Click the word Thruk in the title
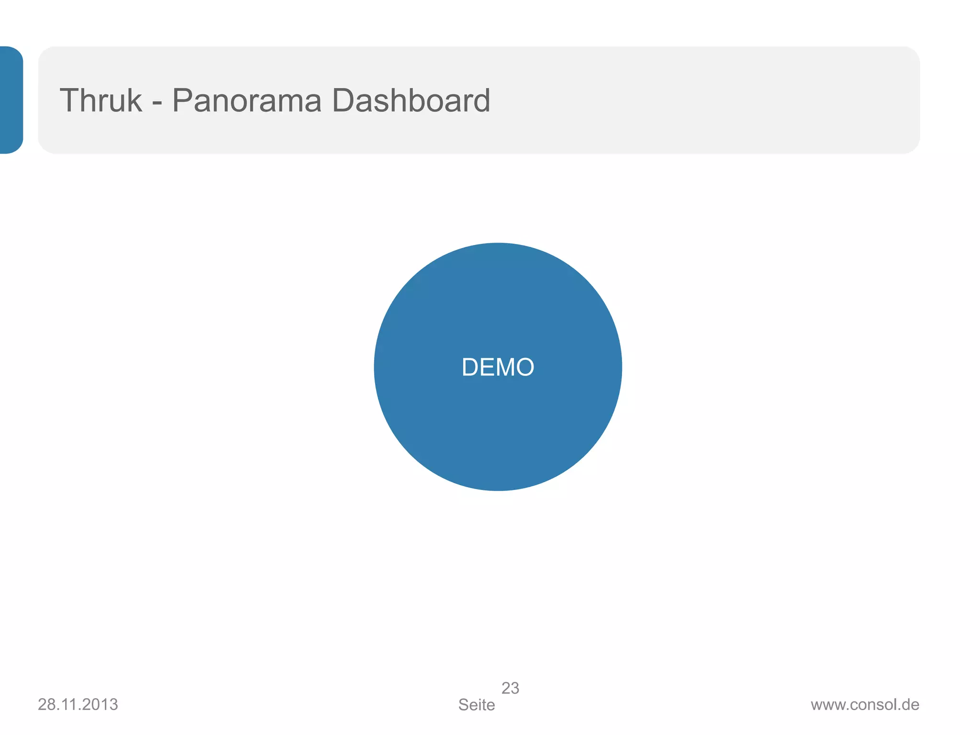point(101,100)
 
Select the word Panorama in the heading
point(246,100)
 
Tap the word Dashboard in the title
point(411,100)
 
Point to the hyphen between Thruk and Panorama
point(157,102)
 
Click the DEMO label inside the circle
point(498,367)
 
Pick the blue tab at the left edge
point(11,100)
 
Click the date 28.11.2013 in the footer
point(78,704)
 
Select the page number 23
point(510,688)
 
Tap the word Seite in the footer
point(477,705)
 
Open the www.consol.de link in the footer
point(865,705)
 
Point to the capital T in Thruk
point(70,100)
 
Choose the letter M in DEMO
point(504,367)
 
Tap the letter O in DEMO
point(525,367)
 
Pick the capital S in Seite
point(463,705)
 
